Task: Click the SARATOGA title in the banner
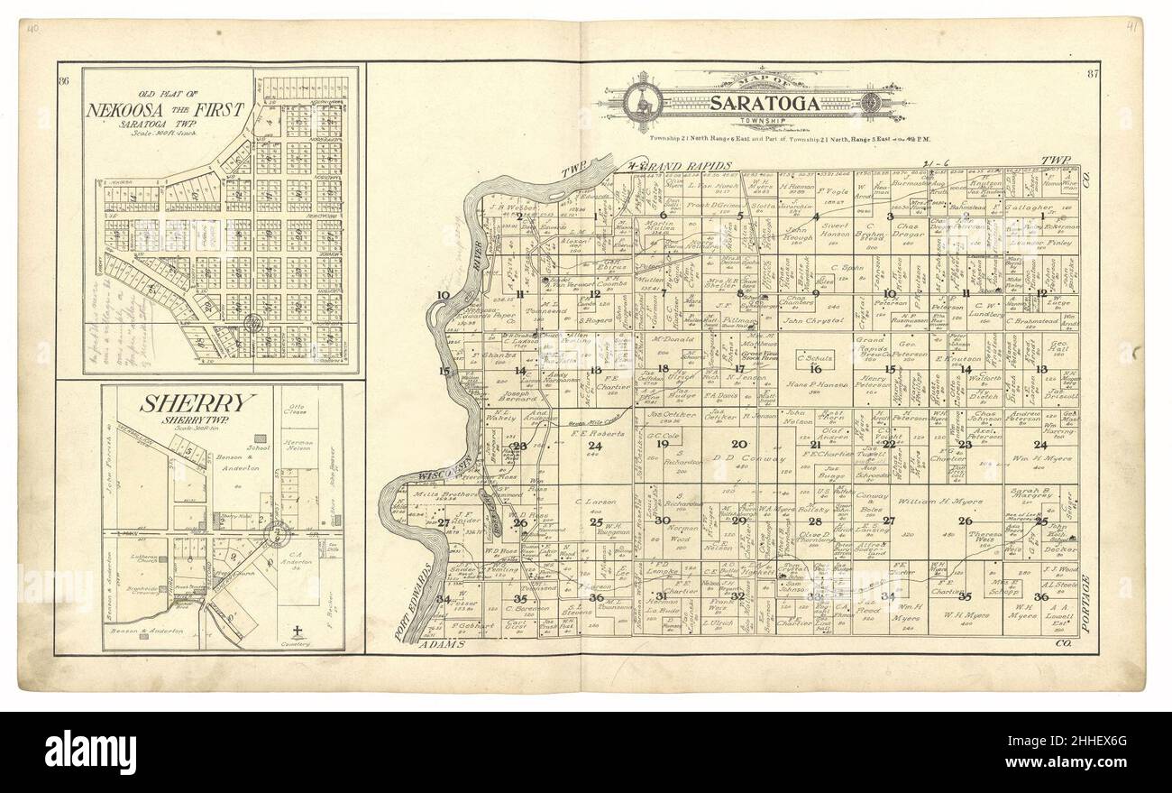(x=765, y=103)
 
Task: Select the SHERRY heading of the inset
(x=185, y=403)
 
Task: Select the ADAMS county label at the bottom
(x=442, y=646)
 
